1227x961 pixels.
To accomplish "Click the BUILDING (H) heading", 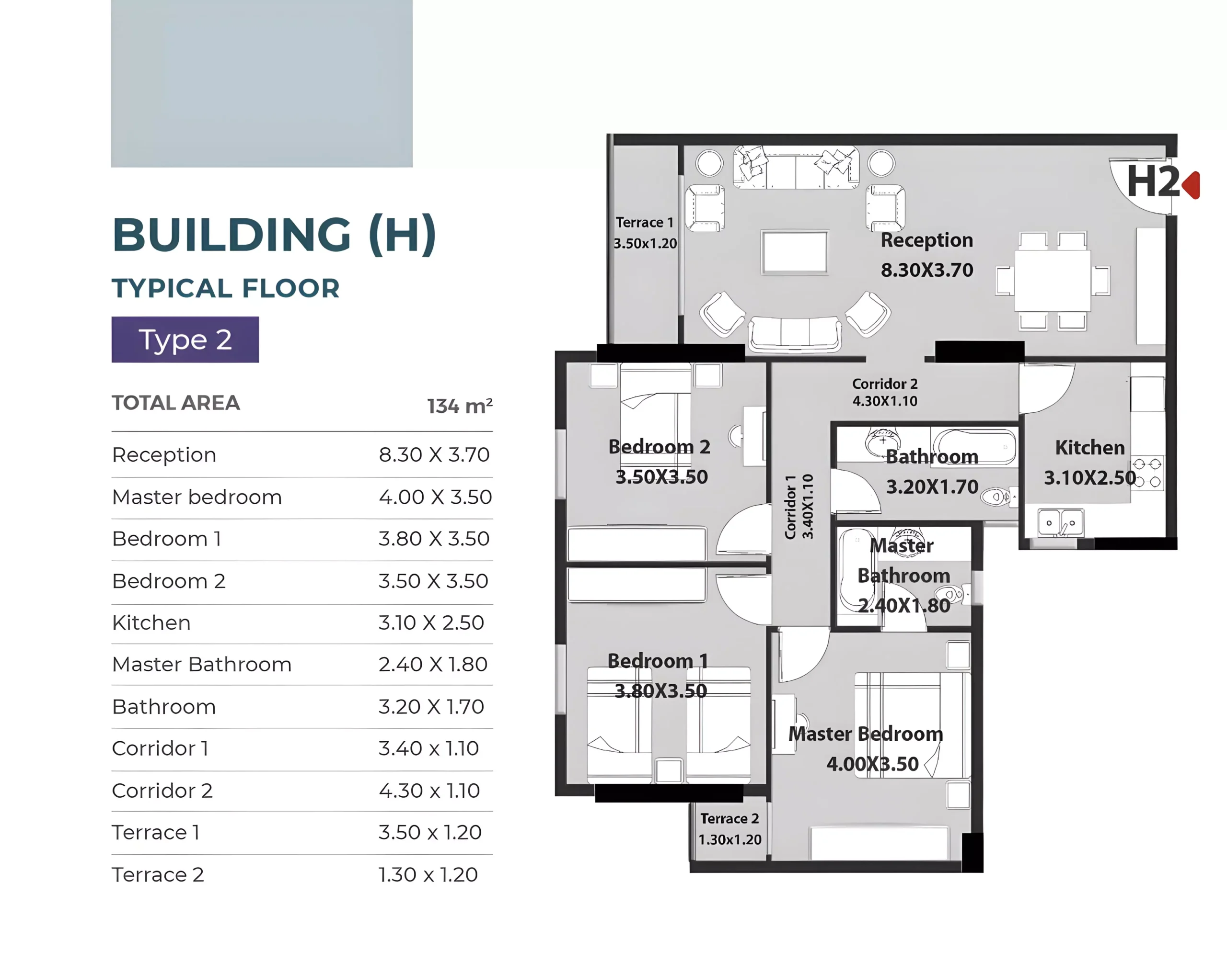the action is click(x=274, y=235).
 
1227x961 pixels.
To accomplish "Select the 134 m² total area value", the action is click(x=460, y=405).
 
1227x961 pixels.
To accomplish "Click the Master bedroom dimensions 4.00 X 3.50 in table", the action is click(x=435, y=497).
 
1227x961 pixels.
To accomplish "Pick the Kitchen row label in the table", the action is click(x=151, y=622).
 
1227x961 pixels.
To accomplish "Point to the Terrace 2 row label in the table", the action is click(x=158, y=874).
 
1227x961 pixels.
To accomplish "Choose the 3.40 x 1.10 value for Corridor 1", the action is click(x=428, y=748).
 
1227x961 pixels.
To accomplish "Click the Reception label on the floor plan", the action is click(x=927, y=240).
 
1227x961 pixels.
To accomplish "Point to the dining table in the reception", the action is click(x=1053, y=281).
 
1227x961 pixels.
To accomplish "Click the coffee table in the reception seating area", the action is click(x=795, y=252).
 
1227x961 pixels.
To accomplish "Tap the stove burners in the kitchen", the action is click(x=1146, y=472).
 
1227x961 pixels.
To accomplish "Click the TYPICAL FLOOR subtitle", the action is click(x=226, y=288).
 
